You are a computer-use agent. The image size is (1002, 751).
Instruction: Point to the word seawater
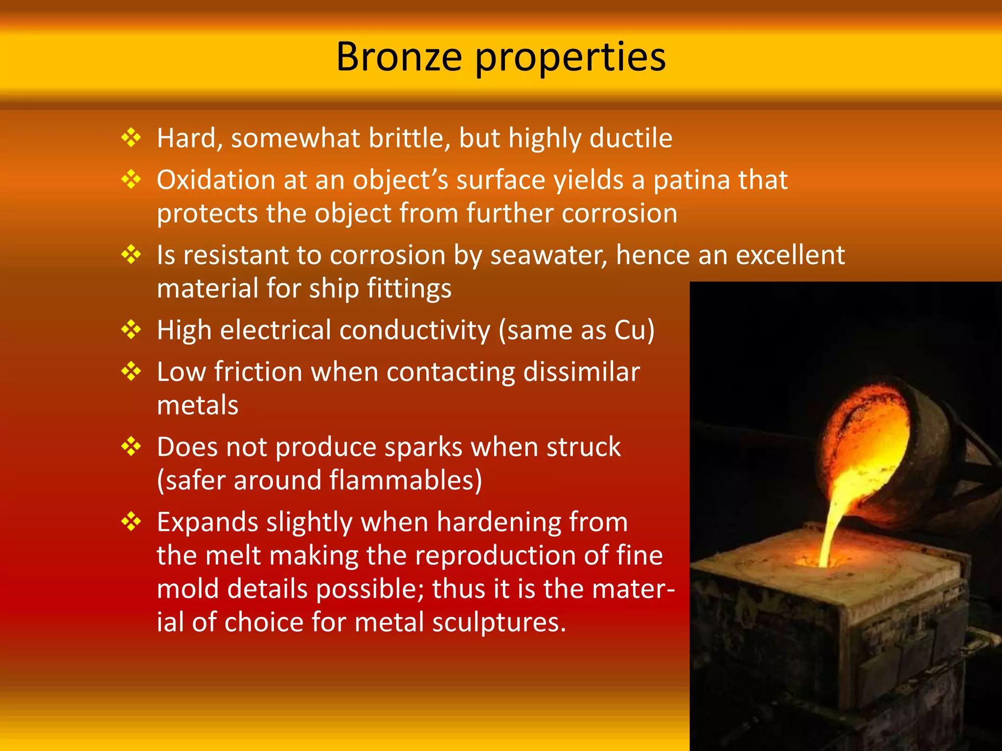[x=548, y=256]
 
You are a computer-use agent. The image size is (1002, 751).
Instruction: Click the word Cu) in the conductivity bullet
[x=635, y=331]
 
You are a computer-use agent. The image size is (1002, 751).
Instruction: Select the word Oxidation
[x=215, y=180]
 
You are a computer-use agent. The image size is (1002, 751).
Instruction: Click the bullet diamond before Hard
[x=131, y=138]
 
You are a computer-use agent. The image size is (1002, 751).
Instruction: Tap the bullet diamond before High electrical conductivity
[x=131, y=330]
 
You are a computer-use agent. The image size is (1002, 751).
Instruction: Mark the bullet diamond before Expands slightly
[x=131, y=522]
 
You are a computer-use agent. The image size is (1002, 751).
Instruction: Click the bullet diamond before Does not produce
[x=131, y=447]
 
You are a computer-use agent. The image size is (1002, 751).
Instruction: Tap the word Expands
[x=207, y=523]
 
